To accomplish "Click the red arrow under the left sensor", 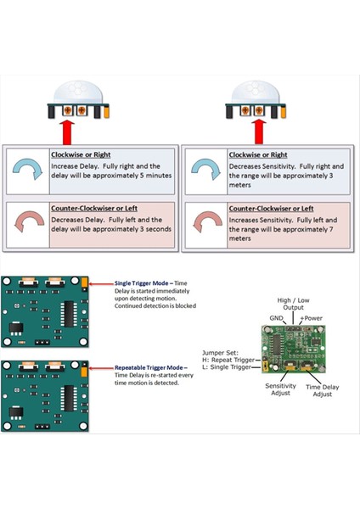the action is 67,133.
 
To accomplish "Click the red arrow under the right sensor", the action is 259,132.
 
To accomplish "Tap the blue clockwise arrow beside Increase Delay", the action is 28,168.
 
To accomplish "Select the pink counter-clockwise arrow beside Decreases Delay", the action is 29,221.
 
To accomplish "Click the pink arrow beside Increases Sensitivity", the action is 208,221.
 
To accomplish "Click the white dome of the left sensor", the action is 78,92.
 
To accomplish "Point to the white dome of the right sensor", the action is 256,92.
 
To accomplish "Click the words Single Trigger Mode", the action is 141,283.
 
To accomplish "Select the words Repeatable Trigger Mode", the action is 149,367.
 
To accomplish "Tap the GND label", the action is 277,318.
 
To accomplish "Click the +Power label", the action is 312,318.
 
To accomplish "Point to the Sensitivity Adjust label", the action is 280,389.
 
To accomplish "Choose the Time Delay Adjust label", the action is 323,390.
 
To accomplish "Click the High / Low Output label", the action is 293,304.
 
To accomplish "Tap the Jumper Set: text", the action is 220,353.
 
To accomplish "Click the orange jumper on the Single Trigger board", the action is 84,282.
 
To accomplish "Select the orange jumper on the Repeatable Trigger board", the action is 84,372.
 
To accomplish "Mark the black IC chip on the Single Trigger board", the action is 69,314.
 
